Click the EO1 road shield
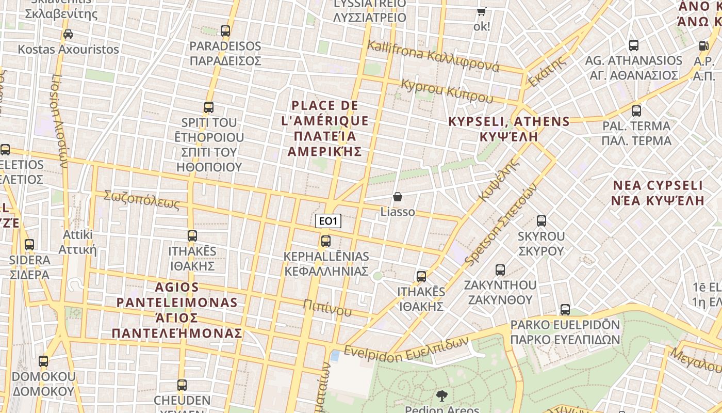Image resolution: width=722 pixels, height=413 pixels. pyautogui.click(x=328, y=221)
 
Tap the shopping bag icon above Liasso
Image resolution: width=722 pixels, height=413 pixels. pyautogui.click(x=397, y=197)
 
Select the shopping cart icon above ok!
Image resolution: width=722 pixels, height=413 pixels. pyautogui.click(x=481, y=11)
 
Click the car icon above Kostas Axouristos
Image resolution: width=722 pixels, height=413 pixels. pyautogui.click(x=68, y=34)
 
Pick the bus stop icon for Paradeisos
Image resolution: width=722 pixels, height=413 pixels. pyautogui.click(x=225, y=31)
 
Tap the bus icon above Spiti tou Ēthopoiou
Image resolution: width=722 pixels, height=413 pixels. pyautogui.click(x=208, y=107)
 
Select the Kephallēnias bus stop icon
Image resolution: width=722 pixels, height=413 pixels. pyautogui.click(x=325, y=241)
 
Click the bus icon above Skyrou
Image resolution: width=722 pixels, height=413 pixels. pyautogui.click(x=541, y=221)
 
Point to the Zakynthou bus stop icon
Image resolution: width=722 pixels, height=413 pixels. pyautogui.click(x=500, y=269)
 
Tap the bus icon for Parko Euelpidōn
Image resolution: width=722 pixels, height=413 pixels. pyautogui.click(x=565, y=310)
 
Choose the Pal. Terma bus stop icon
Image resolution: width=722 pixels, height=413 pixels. pyautogui.click(x=636, y=110)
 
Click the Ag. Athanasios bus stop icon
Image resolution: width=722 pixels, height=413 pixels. pyautogui.click(x=633, y=45)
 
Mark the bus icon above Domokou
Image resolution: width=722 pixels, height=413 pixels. pyautogui.click(x=43, y=361)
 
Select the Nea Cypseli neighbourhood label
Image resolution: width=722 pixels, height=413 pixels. pyautogui.click(x=657, y=193)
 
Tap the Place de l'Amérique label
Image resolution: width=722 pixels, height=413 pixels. pyautogui.click(x=325, y=129)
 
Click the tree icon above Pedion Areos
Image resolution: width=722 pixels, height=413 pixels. pyautogui.click(x=441, y=396)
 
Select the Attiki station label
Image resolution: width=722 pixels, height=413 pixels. pyautogui.click(x=77, y=242)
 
